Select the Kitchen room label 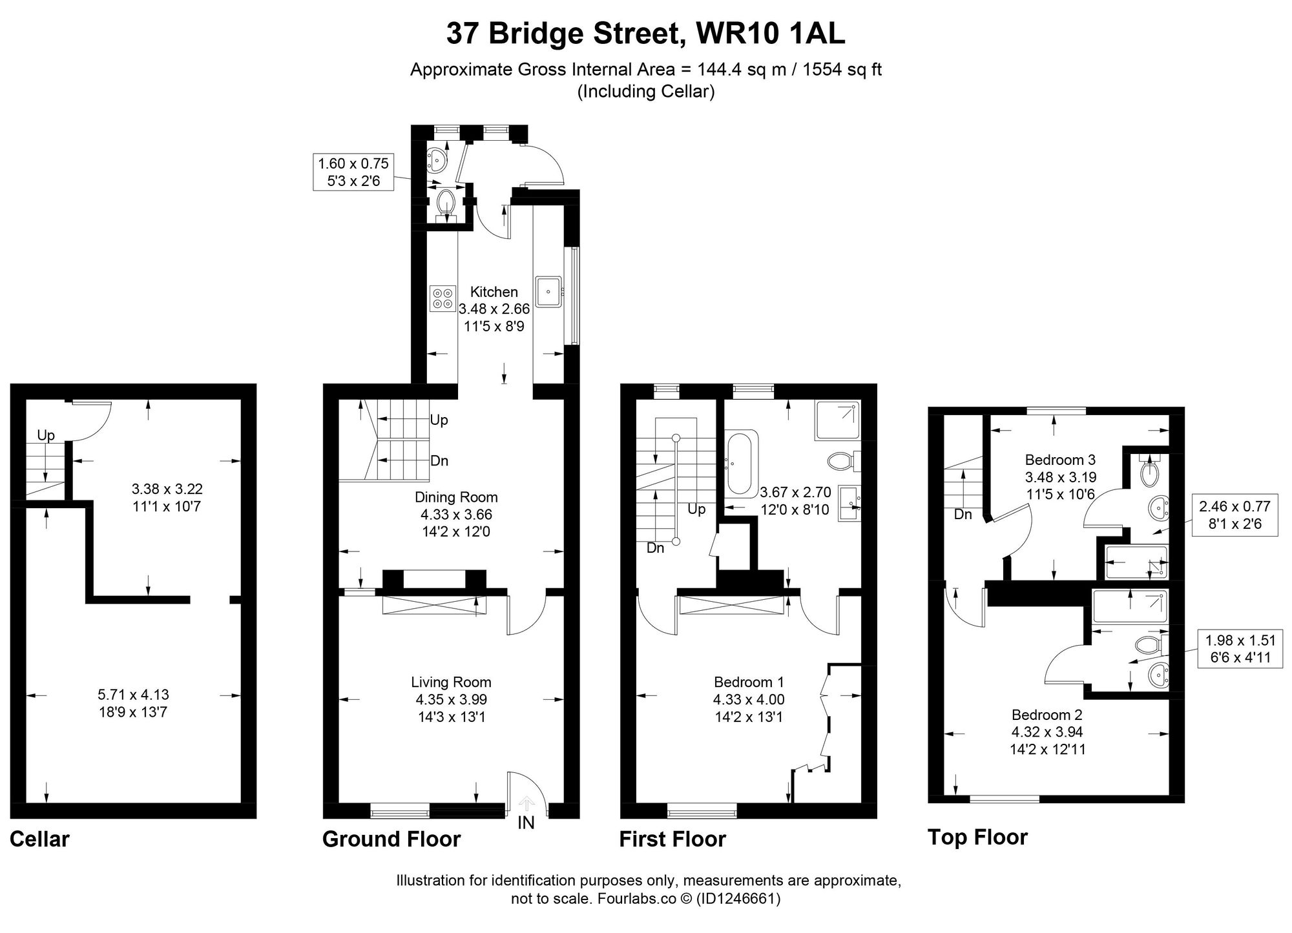[x=494, y=292]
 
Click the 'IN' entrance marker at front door [x=526, y=823]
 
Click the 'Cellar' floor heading [x=39, y=839]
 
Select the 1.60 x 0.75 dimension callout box [x=353, y=172]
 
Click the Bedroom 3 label [x=1060, y=460]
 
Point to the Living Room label [x=451, y=682]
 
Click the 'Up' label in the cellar [x=46, y=435]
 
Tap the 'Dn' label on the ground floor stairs [x=439, y=461]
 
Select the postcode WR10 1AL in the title [x=770, y=34]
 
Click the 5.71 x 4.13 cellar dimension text [x=133, y=695]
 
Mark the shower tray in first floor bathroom [x=837, y=420]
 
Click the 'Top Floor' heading [x=977, y=837]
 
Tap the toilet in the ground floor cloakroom [x=445, y=203]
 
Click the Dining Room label [x=455, y=497]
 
